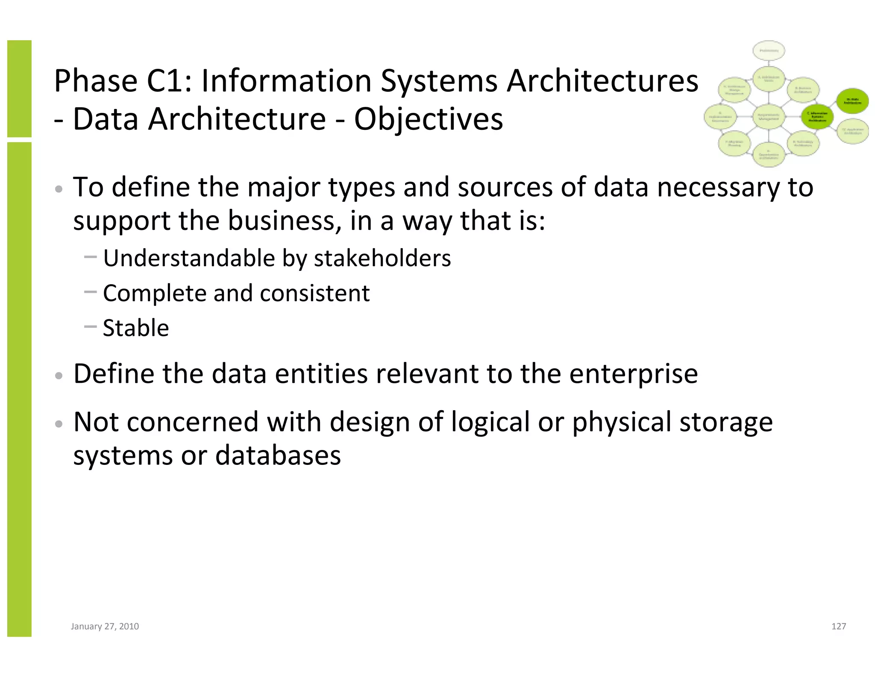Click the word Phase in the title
click(95, 81)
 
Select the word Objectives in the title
click(429, 119)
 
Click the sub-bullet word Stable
click(136, 328)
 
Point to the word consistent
click(314, 294)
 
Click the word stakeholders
click(382, 259)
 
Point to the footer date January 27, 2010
click(105, 626)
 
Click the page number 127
click(838, 626)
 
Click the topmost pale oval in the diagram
click(769, 51)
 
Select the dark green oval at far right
click(852, 101)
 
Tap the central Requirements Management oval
click(769, 116)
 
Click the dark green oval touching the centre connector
click(817, 116)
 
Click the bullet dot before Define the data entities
click(59, 376)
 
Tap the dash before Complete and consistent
click(91, 292)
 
